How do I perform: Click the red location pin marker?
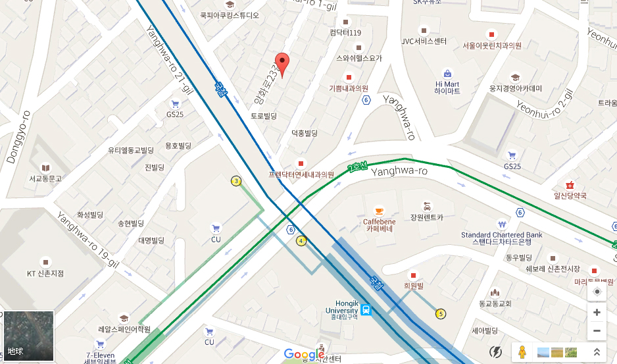point(282,64)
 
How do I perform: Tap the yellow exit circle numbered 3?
point(236,181)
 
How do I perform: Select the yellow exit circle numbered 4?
point(301,241)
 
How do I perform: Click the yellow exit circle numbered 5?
point(440,313)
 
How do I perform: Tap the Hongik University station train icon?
point(365,309)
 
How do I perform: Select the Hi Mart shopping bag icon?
point(447,73)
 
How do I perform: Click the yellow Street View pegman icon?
point(523,352)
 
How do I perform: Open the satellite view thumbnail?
point(28,336)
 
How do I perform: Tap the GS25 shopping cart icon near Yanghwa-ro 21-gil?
point(175,104)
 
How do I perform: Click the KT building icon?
point(45,261)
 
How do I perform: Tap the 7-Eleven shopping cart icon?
point(100,344)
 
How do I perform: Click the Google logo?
point(305,354)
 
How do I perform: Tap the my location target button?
point(597,292)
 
